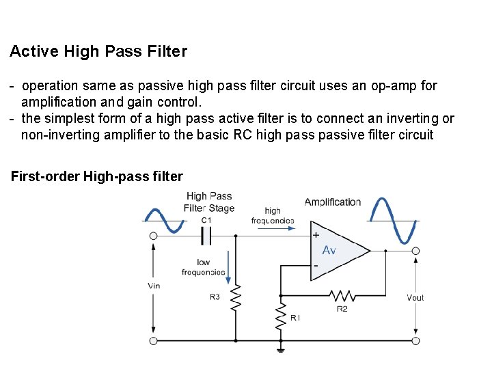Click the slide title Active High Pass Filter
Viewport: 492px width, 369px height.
point(98,51)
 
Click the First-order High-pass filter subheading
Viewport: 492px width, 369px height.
point(97,177)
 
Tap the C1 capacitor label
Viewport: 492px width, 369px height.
point(206,220)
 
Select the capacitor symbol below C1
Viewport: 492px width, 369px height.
point(206,236)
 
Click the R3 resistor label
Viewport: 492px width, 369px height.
point(215,297)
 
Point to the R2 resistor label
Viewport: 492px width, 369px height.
point(342,309)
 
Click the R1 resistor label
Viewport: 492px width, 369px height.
point(295,318)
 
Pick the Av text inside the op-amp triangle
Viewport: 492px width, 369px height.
point(329,251)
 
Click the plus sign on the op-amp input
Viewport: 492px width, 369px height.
point(316,234)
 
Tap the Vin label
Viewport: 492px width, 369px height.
point(154,286)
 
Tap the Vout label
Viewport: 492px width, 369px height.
point(415,297)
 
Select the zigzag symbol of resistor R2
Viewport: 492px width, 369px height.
point(342,296)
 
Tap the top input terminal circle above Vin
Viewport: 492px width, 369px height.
point(153,236)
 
